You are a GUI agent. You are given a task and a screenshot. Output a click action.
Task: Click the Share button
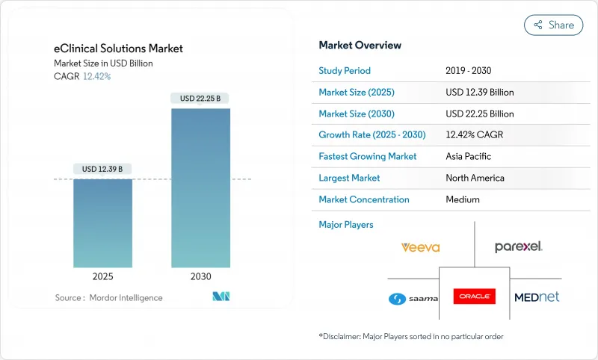click(553, 25)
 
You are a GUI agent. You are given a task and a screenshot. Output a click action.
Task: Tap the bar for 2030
click(200, 187)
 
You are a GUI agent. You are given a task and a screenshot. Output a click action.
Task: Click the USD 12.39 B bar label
click(103, 170)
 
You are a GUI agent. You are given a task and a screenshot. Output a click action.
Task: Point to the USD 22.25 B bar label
click(200, 99)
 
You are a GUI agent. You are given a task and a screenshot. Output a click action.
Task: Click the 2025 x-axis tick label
click(103, 276)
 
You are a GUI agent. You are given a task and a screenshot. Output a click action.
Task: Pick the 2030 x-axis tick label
click(200, 276)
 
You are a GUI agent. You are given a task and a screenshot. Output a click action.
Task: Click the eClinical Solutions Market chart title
click(118, 49)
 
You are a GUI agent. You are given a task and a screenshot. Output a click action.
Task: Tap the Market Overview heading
click(360, 46)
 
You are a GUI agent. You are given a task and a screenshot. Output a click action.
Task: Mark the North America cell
click(475, 178)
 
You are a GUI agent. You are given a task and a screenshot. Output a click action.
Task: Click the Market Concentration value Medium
click(463, 199)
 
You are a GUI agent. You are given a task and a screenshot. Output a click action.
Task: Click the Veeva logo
click(419, 247)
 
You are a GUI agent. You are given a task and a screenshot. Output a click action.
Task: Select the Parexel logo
click(519, 246)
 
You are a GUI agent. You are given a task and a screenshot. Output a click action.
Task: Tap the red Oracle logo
click(474, 297)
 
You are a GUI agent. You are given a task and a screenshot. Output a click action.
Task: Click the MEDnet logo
click(537, 297)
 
